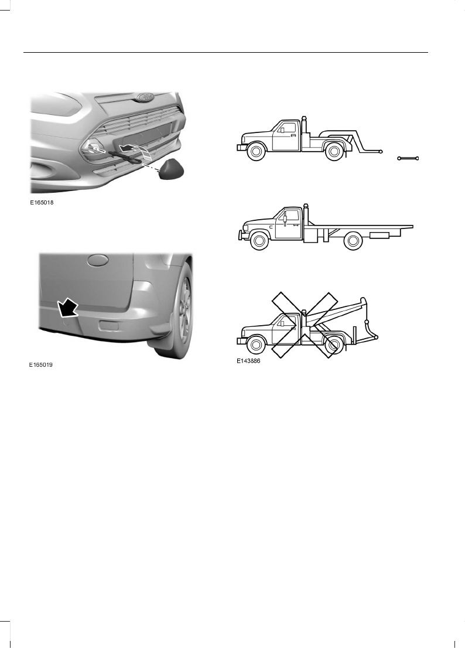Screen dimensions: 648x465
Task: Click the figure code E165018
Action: [x=45, y=203]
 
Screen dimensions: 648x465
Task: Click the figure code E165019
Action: [x=45, y=364]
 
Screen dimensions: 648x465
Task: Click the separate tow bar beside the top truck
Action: [x=408, y=158]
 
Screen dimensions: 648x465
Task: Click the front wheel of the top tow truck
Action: [x=255, y=152]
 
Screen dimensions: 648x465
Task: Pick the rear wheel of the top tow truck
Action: [x=333, y=152]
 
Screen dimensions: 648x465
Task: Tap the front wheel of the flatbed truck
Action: [x=258, y=241]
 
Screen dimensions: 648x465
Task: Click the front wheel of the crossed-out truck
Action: [x=255, y=346]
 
